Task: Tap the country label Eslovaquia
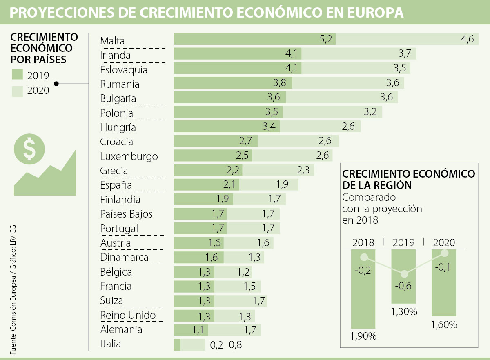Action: [124, 70]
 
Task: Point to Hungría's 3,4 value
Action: [269, 127]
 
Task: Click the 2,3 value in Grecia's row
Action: [303, 170]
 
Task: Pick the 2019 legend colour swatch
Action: [18, 75]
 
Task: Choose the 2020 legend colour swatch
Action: [18, 90]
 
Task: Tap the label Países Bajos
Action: [126, 214]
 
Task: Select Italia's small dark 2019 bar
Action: [177, 344]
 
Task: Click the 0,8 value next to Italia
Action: [236, 345]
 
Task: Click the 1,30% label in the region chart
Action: [404, 312]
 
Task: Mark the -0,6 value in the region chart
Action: [403, 285]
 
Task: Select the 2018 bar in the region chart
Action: [363, 294]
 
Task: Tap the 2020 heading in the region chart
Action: [444, 242]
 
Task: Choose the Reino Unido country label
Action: [128, 315]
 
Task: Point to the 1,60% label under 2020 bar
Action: [444, 325]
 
